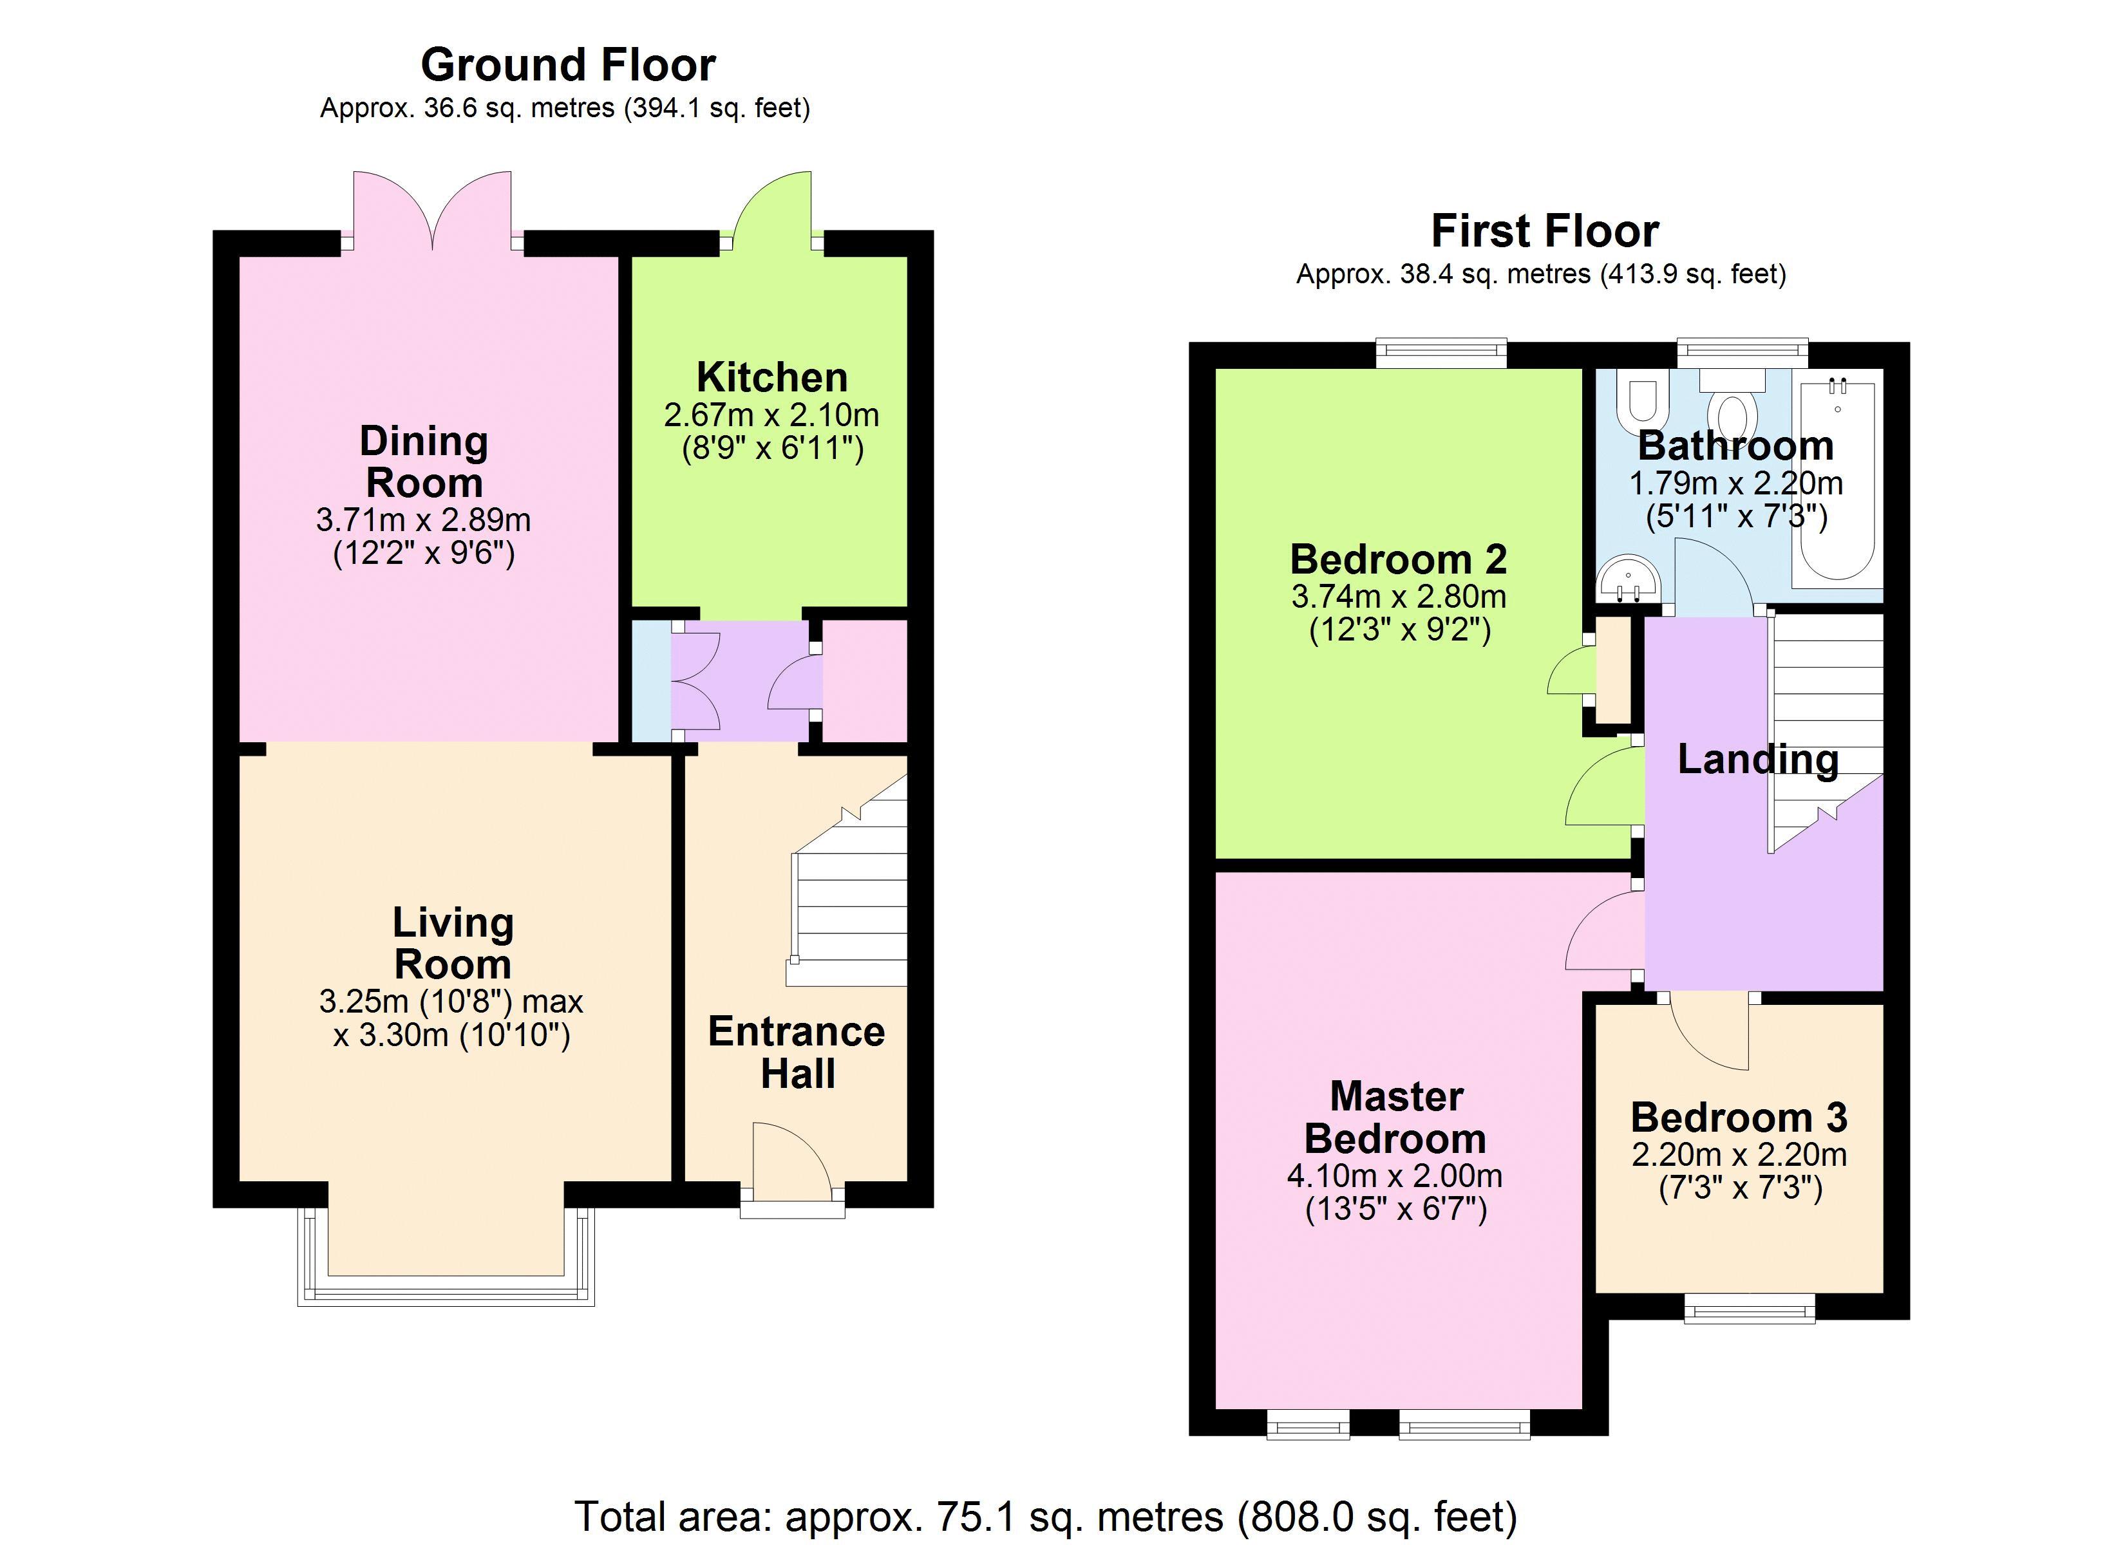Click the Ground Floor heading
pos(568,64)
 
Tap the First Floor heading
pos(1545,230)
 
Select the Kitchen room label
pos(772,378)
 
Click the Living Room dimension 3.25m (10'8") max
pos(451,1002)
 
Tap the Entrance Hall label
pos(797,1052)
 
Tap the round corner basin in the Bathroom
pos(1629,581)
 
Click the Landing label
pos(1758,759)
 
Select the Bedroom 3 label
pos(1739,1118)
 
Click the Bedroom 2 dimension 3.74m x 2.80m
pos(1399,596)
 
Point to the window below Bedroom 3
pos(1750,1308)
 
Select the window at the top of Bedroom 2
pos(1441,354)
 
